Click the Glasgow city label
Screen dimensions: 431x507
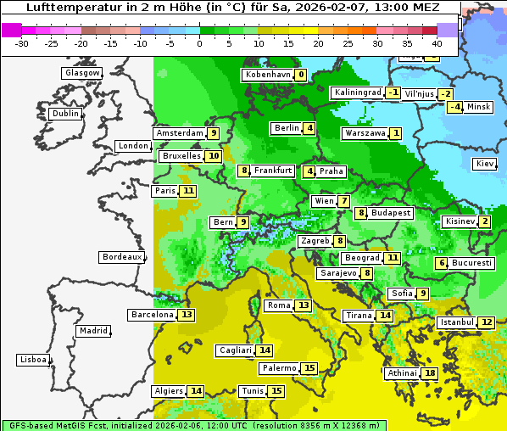tap(81, 73)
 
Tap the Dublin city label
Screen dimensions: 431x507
tap(64, 114)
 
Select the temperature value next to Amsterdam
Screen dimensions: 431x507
tap(214, 133)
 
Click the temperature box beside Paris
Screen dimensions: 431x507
tap(187, 191)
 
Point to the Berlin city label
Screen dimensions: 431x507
tap(287, 128)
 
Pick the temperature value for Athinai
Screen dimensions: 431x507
tap(430, 373)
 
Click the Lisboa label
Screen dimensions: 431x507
tap(32, 360)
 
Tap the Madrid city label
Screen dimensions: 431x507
tap(92, 331)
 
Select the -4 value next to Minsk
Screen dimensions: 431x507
tap(455, 107)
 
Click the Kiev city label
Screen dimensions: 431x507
tap(485, 164)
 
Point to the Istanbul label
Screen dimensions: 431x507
tap(457, 322)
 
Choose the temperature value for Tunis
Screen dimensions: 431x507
tap(276, 391)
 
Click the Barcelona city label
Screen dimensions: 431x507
tap(153, 315)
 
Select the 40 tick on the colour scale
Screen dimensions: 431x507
tap(437, 42)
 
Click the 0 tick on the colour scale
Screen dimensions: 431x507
tap(200, 42)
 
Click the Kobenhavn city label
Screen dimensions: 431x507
tap(268, 75)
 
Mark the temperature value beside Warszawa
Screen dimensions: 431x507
tap(395, 133)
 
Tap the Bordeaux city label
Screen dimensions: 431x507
tap(121, 257)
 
